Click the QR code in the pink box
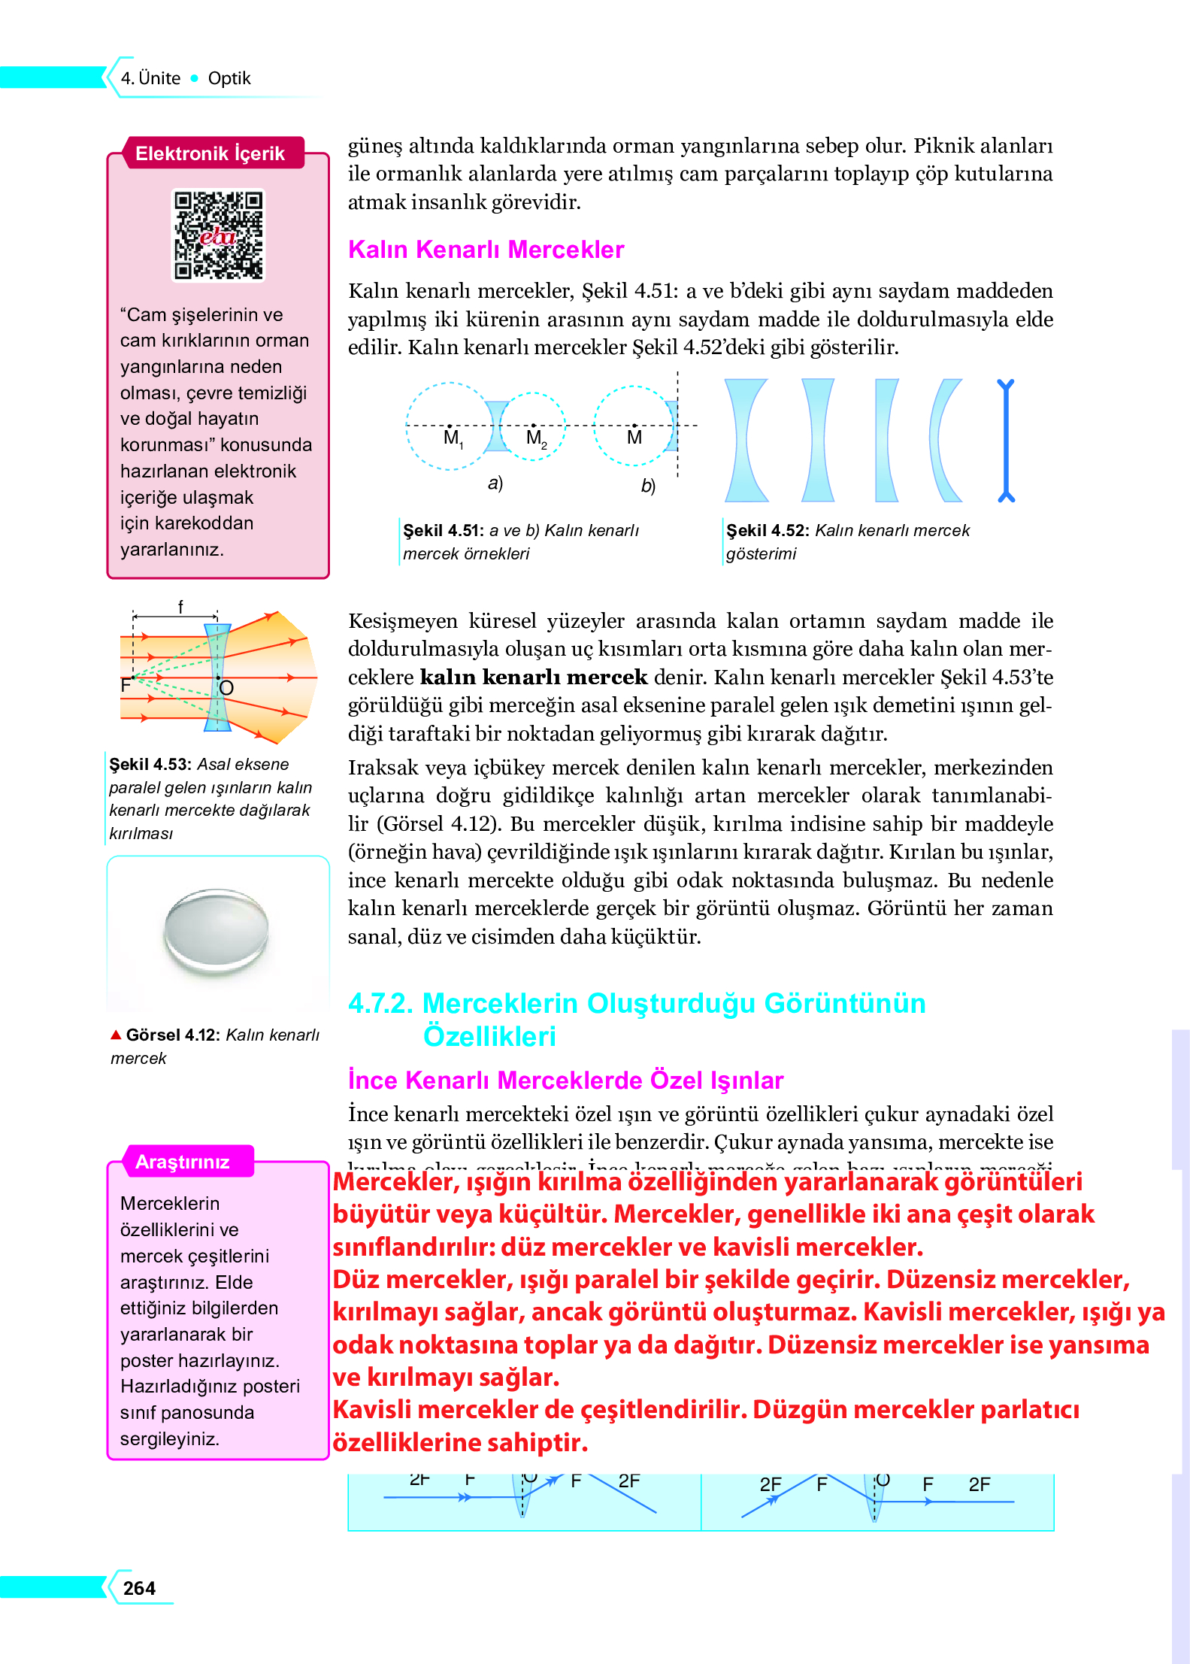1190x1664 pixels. [x=218, y=235]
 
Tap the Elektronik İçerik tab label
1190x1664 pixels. [x=210, y=153]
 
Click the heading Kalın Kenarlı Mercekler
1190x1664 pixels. [x=486, y=250]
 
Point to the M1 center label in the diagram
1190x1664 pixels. [x=453, y=438]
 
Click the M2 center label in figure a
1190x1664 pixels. [x=536, y=438]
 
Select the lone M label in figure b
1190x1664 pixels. [x=634, y=438]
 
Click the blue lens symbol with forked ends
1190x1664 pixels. [x=1006, y=440]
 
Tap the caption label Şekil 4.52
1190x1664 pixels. [x=767, y=530]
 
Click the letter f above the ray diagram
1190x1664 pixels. [x=180, y=606]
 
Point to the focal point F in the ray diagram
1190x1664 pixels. [x=126, y=685]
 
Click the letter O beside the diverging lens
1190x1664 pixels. [x=226, y=687]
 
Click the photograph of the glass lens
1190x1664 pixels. [x=217, y=930]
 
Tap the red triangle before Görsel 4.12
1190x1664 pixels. [x=116, y=1035]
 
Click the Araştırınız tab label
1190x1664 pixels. [x=182, y=1162]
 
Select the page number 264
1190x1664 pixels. [x=139, y=1588]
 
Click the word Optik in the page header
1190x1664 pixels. [x=229, y=78]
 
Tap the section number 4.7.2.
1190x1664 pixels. [x=380, y=1004]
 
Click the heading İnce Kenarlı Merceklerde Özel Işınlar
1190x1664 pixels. [x=565, y=1080]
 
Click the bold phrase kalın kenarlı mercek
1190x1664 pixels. [x=533, y=677]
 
